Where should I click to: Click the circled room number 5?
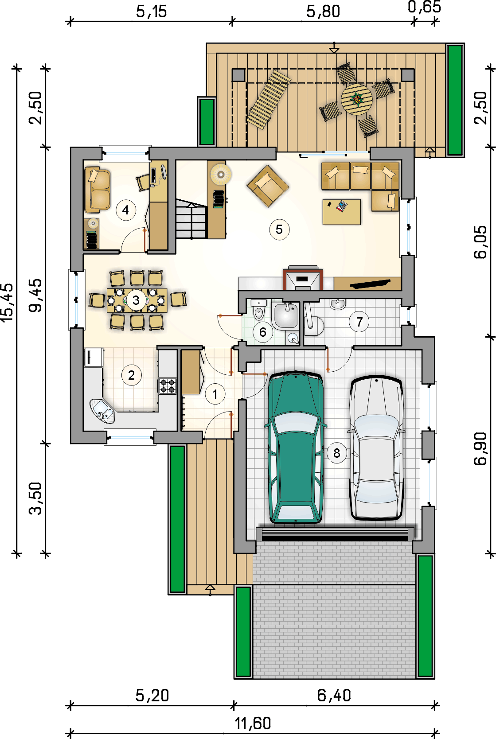tap(279, 229)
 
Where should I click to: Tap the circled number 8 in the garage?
tap(336, 453)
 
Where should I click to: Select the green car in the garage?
tap(295, 447)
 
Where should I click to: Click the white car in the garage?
tap(376, 447)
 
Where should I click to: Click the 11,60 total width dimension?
tap(253, 723)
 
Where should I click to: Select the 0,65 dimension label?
tap(424, 7)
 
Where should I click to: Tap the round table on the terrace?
tap(357, 99)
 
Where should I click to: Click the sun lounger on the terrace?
tap(269, 99)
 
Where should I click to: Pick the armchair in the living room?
tap(268, 187)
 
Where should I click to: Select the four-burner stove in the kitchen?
tap(167, 386)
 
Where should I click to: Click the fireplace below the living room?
tap(303, 279)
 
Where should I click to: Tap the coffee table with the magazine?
tap(342, 211)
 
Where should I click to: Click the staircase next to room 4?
tap(191, 218)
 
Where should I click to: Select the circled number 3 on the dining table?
tap(136, 300)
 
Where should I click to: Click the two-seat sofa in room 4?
tap(98, 190)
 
